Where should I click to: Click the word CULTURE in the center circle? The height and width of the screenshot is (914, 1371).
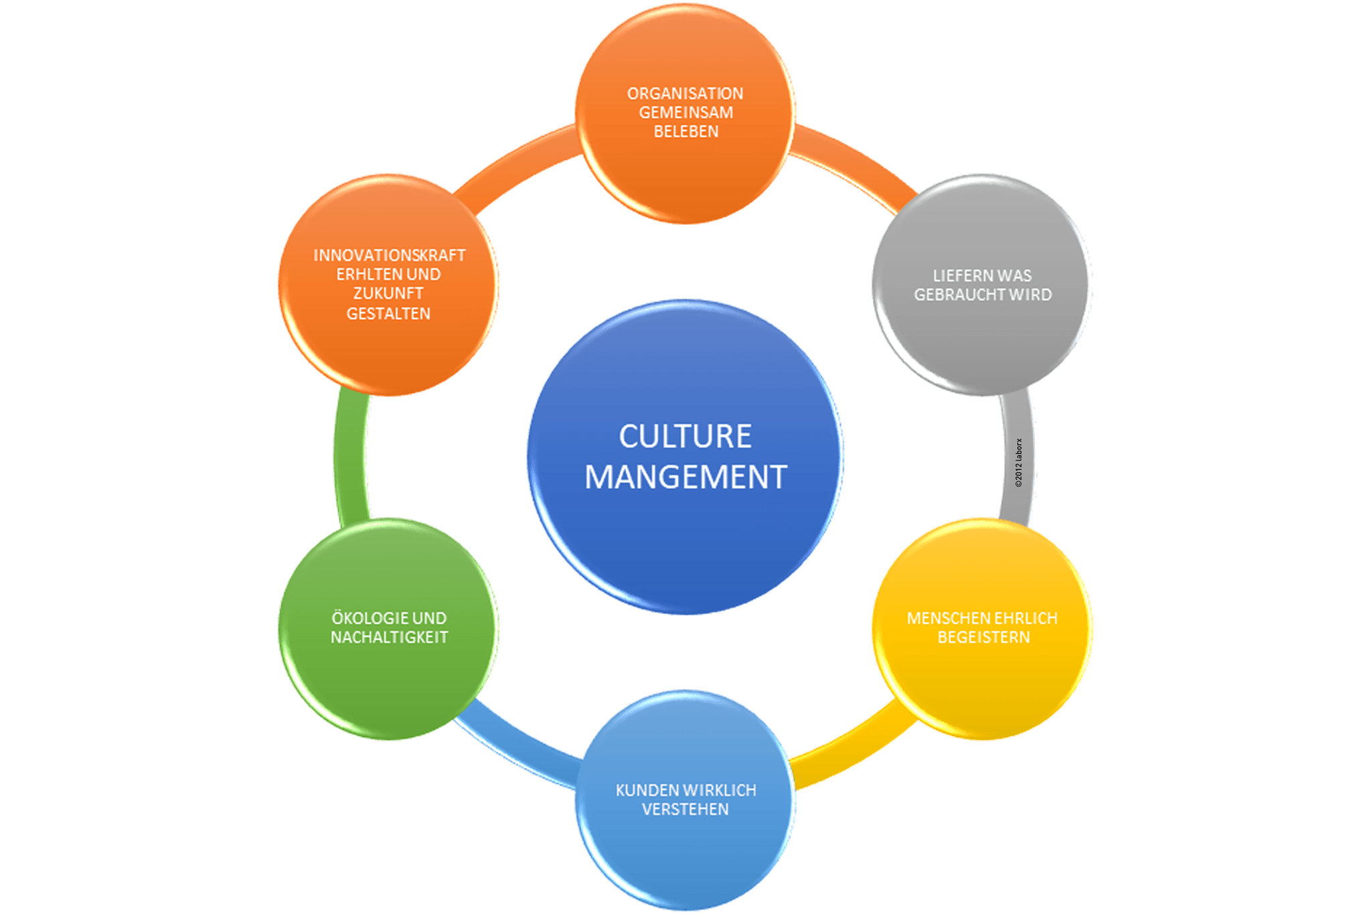click(x=685, y=437)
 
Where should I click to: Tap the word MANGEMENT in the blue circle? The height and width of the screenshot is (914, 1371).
click(x=685, y=477)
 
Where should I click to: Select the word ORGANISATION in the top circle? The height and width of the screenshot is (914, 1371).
click(x=685, y=94)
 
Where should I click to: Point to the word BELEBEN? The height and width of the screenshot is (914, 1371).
click(x=685, y=132)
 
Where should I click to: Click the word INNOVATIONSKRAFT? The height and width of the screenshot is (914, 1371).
click(x=389, y=256)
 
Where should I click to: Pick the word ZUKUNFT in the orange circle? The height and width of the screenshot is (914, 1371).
click(x=388, y=294)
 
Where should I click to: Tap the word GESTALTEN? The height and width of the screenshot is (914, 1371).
click(x=388, y=313)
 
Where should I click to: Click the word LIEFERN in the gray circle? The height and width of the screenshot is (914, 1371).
click(x=958, y=276)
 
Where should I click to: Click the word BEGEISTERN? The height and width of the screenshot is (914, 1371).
click(x=983, y=637)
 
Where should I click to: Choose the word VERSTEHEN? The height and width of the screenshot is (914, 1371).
click(x=685, y=810)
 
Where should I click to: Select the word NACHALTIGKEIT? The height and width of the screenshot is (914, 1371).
click(x=389, y=637)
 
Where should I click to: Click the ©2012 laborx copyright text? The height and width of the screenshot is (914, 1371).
click(x=1018, y=462)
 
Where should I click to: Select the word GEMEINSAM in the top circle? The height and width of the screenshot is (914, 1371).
click(x=685, y=112)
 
